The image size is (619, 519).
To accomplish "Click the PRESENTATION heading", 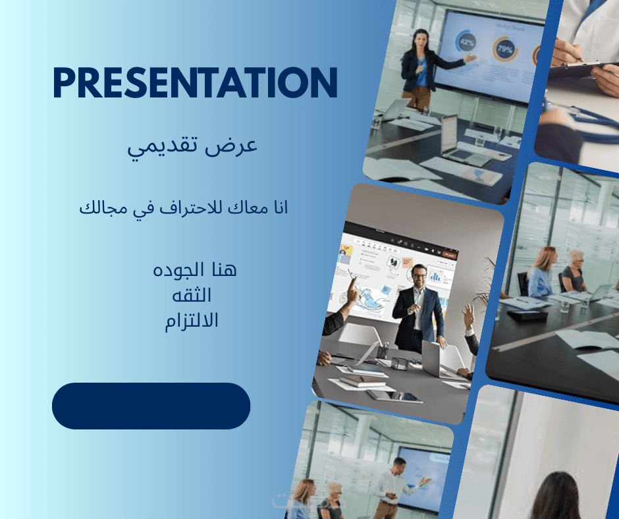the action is click(x=195, y=82).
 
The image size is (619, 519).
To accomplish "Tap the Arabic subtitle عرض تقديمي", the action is click(x=192, y=146).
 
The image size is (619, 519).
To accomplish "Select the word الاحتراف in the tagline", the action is click(x=196, y=207).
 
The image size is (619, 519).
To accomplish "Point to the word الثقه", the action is click(x=192, y=295).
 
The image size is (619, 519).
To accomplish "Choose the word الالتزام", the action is click(x=192, y=321).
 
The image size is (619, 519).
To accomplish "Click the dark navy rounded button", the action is click(x=151, y=406).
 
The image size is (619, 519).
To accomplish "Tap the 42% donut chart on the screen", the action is click(x=466, y=42).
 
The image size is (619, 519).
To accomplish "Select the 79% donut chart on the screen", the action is click(x=505, y=49).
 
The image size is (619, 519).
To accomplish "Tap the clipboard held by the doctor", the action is click(x=583, y=69).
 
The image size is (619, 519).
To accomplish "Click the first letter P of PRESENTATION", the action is click(x=63, y=82).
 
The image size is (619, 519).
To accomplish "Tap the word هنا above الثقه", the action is click(x=223, y=269).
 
